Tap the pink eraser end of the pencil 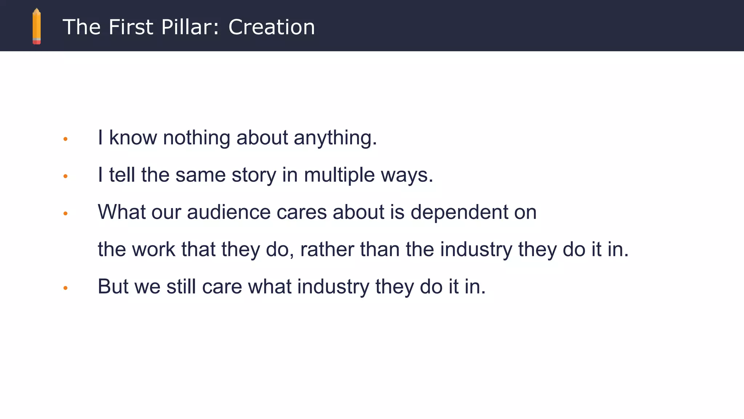pos(37,42)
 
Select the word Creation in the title pos(271,27)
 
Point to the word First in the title pos(131,27)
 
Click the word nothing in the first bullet pos(197,138)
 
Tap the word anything pos(335,138)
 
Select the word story pos(254,175)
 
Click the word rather pos(327,250)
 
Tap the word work pos(154,250)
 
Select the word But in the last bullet pos(113,287)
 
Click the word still pos(181,287)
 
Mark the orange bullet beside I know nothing pos(65,139)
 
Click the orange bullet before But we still pos(65,288)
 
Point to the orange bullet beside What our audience pos(65,214)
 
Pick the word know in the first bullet pos(133,138)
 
